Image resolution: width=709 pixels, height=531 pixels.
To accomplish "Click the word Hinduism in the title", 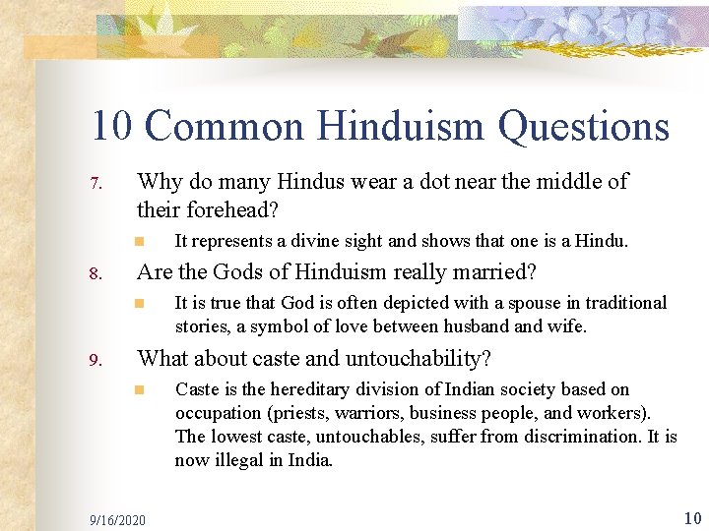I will coord(398,127).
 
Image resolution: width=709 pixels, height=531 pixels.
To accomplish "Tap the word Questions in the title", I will coord(584,127).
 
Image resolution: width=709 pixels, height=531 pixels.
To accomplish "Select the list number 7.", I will coord(95,184).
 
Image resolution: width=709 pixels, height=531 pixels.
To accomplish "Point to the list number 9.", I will coord(95,360).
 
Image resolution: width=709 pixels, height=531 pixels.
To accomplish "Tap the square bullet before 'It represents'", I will coord(141,241).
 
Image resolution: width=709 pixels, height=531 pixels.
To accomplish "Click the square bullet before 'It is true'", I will coord(141,303).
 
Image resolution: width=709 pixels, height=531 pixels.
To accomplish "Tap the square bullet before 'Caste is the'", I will coord(141,390).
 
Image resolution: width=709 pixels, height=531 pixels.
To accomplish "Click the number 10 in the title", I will coord(113,127).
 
